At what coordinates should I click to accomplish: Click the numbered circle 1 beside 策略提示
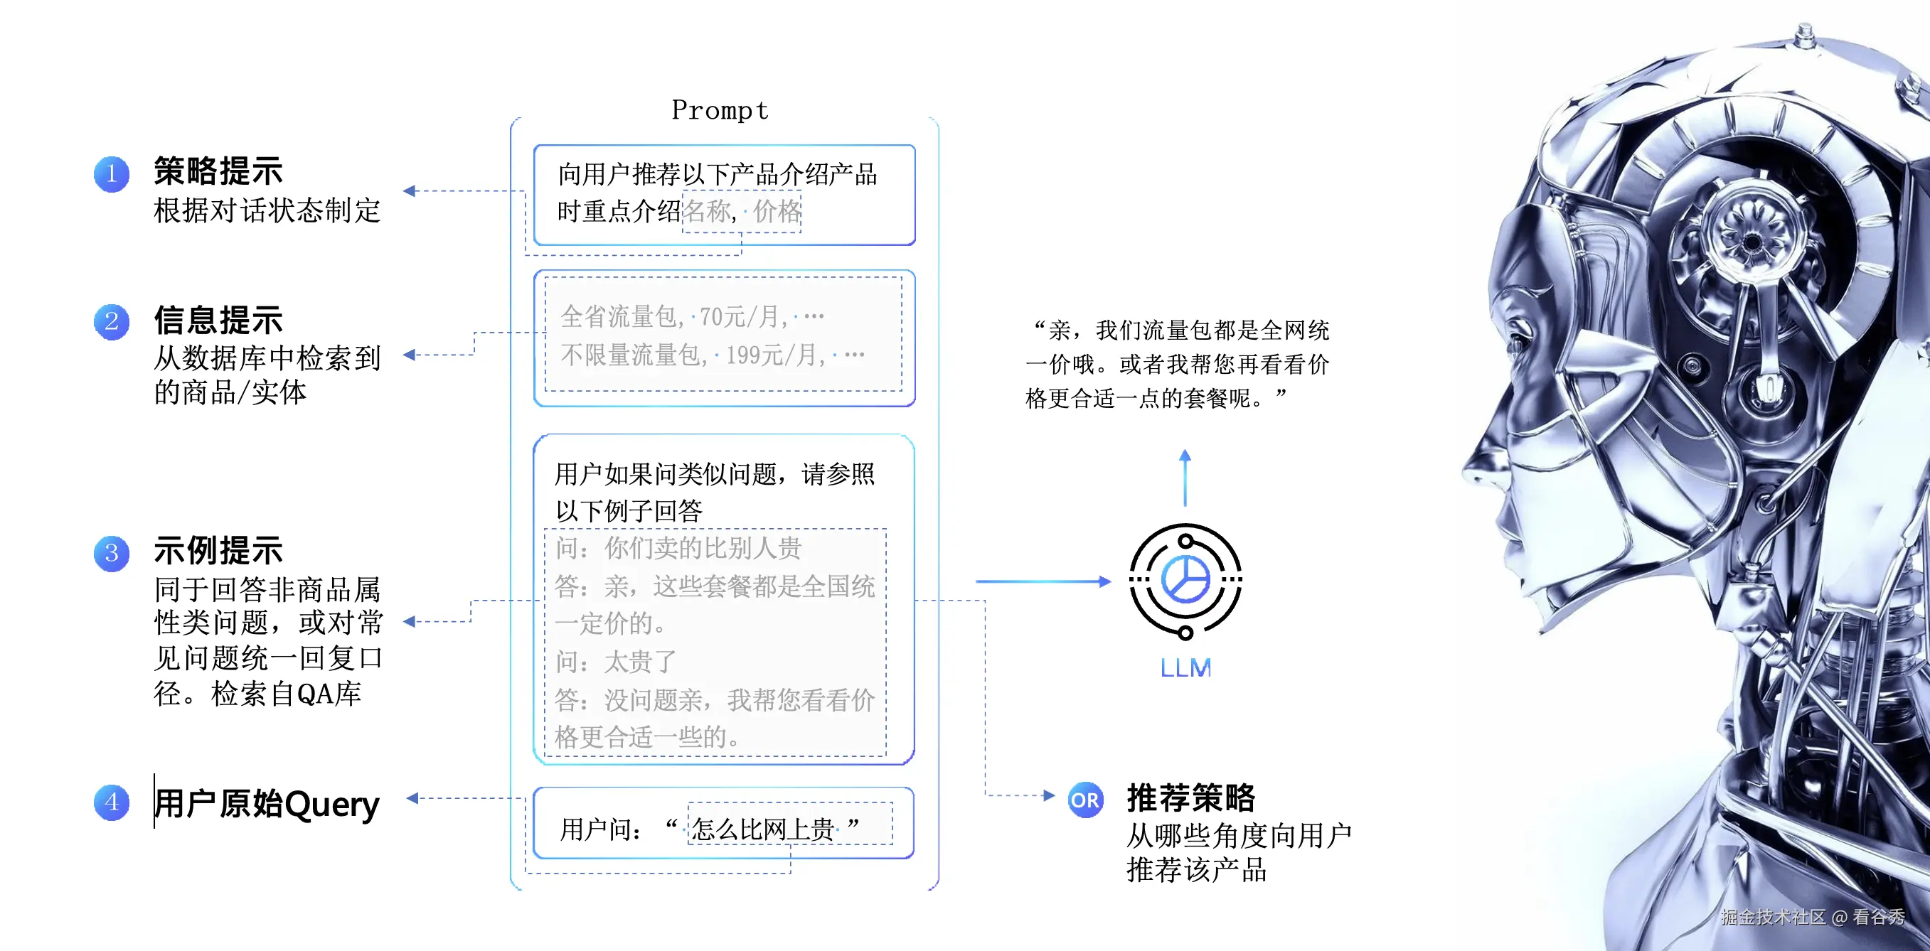click(112, 174)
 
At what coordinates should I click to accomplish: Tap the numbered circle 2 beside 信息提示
click(112, 322)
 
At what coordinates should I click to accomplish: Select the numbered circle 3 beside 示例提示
click(112, 554)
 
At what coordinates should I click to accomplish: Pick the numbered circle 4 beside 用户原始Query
click(112, 802)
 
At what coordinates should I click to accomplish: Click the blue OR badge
click(1085, 800)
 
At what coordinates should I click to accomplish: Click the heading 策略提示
click(218, 171)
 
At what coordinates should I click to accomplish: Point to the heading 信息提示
click(218, 321)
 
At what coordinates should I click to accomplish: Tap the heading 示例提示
click(218, 551)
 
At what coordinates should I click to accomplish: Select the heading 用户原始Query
click(267, 803)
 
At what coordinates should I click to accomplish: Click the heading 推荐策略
click(1190, 797)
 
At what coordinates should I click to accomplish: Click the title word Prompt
click(719, 111)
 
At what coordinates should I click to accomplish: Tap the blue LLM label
click(1185, 667)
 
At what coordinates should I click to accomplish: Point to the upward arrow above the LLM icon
click(1185, 478)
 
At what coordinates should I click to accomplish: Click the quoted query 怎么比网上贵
click(763, 829)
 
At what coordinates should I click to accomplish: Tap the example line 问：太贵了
click(616, 662)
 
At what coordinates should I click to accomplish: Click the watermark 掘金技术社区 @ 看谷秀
click(1813, 917)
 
